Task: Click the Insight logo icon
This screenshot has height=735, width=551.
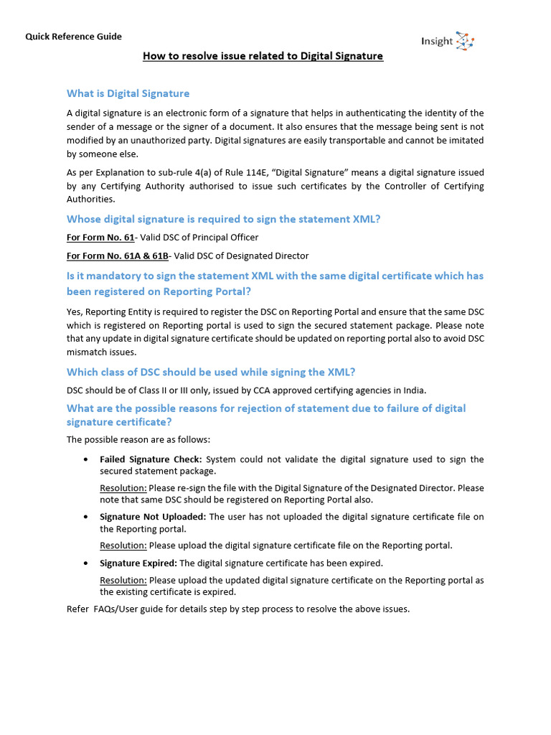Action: (465, 41)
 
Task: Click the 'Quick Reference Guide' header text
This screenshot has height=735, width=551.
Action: (74, 37)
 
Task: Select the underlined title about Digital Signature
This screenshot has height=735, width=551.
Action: (263, 56)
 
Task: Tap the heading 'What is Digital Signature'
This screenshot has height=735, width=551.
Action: (128, 93)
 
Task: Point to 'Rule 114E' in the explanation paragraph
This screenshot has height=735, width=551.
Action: (268, 172)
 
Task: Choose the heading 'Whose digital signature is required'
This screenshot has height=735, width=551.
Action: (223, 219)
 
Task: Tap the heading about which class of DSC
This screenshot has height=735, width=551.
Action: (211, 372)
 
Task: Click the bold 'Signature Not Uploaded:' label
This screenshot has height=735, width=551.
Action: (153, 517)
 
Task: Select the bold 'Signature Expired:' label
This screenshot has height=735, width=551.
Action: (138, 563)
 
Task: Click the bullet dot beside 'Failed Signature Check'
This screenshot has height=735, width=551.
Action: (86, 459)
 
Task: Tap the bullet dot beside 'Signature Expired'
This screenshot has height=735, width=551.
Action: (86, 563)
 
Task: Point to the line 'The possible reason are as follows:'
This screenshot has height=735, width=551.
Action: (138, 440)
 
